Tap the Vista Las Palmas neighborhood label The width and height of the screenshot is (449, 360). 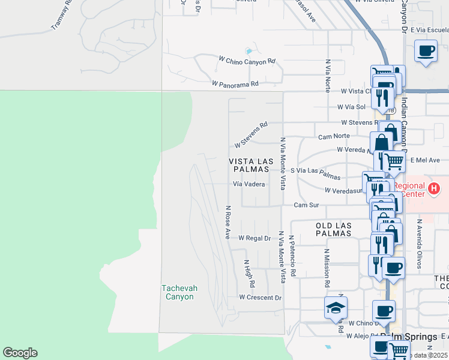[x=252, y=166]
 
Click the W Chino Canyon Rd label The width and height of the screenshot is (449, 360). [x=247, y=61]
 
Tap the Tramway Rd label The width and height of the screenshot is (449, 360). [x=62, y=16]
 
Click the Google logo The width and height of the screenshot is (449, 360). [x=20, y=353]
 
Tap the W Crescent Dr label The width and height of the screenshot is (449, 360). [x=260, y=298]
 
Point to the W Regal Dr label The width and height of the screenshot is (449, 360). [x=255, y=238]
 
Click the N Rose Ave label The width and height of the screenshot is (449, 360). [x=228, y=222]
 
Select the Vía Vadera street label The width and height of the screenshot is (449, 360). [x=249, y=184]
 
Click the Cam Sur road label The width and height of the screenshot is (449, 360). [x=306, y=205]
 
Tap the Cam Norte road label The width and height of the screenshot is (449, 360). [x=334, y=137]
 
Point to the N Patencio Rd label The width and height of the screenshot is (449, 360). [x=292, y=256]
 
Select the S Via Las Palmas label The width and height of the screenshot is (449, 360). [x=315, y=174]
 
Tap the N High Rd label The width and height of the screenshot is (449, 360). [x=249, y=273]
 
